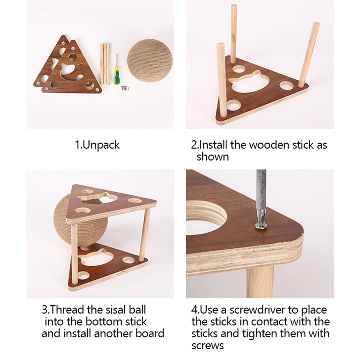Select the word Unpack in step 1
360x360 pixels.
click(x=102, y=145)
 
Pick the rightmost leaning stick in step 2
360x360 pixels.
click(x=308, y=54)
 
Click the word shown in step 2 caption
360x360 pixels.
click(x=212, y=157)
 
